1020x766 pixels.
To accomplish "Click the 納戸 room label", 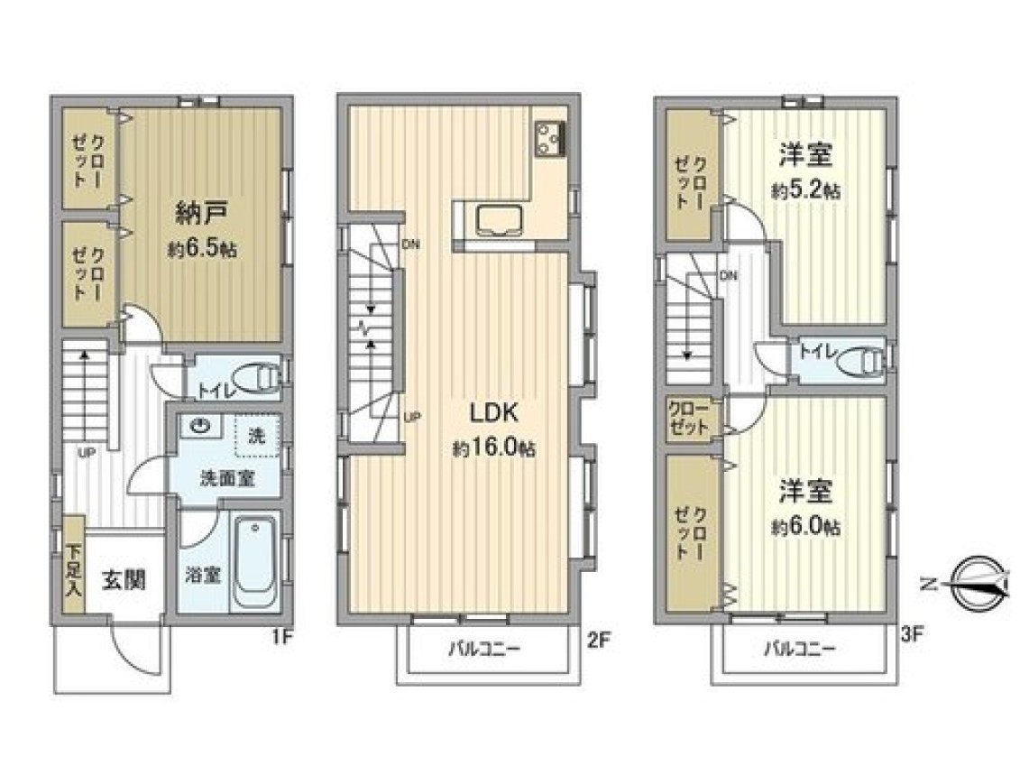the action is tap(202, 212).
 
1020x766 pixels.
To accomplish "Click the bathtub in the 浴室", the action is tap(254, 562).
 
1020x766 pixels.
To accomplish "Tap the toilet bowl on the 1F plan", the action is tap(256, 378).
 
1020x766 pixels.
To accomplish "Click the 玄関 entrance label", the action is tap(123, 580).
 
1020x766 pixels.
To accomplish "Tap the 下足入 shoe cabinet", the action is tap(74, 565).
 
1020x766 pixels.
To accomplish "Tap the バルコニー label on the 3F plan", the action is tap(799, 649).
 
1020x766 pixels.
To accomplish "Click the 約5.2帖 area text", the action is tap(805, 190).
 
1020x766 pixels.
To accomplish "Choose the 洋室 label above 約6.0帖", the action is tap(806, 492).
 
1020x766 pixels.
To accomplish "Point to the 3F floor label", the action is tap(912, 634).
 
